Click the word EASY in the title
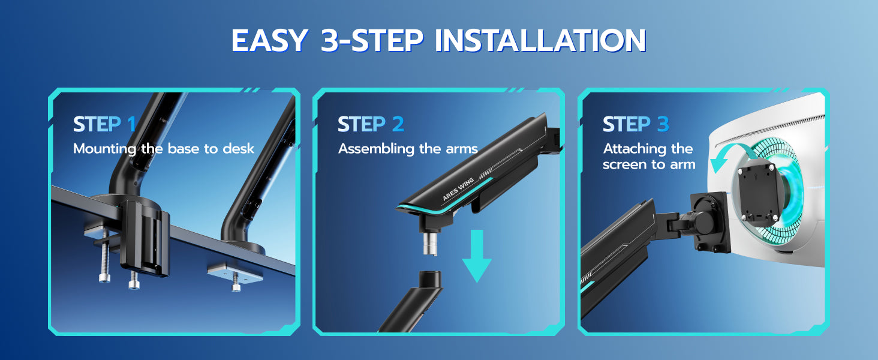pos(270,40)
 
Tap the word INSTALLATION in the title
pos(541,40)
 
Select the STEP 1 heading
pos(104,124)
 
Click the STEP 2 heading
pos(371,124)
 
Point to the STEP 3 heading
pos(636,124)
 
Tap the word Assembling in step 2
pos(376,149)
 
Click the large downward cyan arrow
pos(477,256)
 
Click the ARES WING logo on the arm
pos(458,190)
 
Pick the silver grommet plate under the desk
pos(234,274)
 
